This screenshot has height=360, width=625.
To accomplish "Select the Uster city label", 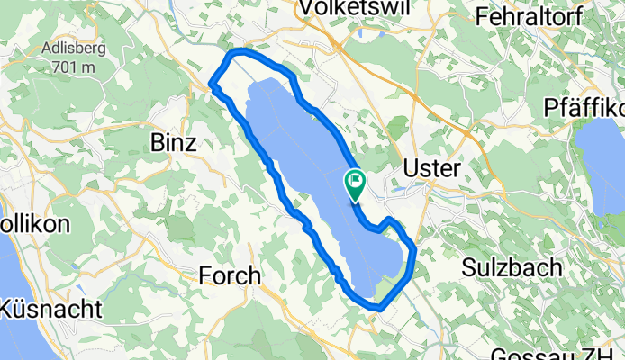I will coord(432,169).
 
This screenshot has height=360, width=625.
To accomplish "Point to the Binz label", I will coord(173,142).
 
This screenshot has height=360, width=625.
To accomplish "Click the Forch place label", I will coord(230,275).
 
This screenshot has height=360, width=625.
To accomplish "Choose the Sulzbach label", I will coord(512,268).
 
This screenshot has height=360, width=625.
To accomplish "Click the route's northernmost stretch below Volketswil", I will coord(257,55).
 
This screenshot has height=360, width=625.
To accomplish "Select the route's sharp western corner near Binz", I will coord(213,85).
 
